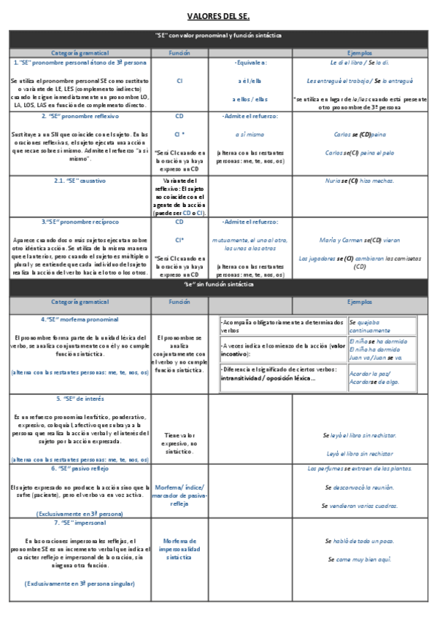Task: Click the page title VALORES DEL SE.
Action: (218, 15)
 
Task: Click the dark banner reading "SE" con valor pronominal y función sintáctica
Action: (218, 35)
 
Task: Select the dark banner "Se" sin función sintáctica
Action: (218, 285)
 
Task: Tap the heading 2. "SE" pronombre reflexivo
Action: (80, 116)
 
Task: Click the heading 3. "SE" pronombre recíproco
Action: (80, 221)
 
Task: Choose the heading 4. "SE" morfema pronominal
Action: (80, 319)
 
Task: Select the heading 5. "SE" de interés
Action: (80, 399)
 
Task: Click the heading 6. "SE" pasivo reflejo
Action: (80, 469)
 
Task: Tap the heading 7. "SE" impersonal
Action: (80, 523)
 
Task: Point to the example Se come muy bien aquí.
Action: (360, 559)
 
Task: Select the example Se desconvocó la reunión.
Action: (360, 488)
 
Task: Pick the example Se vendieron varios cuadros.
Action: (360, 505)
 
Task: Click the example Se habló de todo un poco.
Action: (360, 541)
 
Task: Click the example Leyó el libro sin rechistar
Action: (360, 453)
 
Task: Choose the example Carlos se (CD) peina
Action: (360, 134)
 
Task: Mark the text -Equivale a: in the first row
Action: (250, 63)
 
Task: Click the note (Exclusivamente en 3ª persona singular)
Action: (80, 584)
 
